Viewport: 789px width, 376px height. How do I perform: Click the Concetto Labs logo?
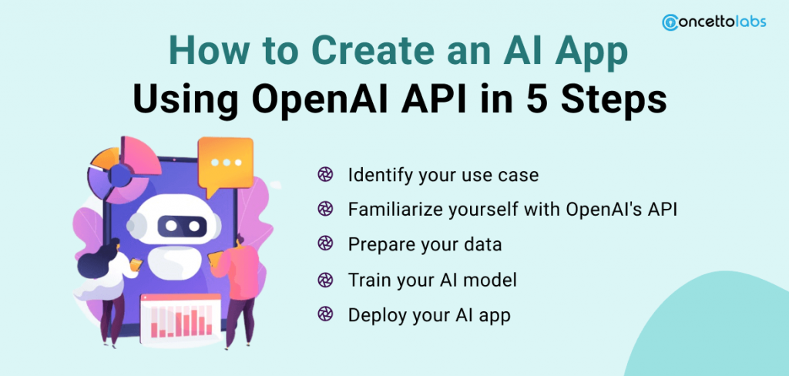[713, 22]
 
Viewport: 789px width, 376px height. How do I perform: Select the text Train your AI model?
[432, 280]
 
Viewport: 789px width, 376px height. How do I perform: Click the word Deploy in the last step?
[373, 315]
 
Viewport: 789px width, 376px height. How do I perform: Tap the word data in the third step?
[482, 245]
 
